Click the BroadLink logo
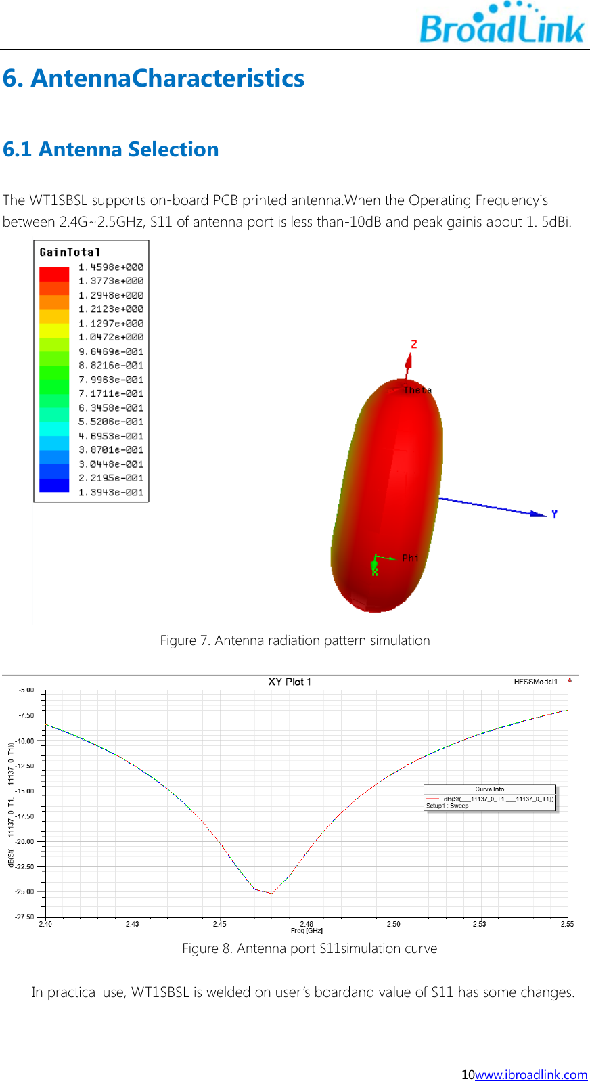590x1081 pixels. pos(501,25)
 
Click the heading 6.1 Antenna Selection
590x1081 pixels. pos(111,149)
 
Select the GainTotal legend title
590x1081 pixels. pos(70,252)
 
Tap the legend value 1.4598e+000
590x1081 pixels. pos(111,267)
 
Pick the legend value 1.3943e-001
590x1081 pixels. pos(111,492)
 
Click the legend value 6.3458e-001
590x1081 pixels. pos(111,407)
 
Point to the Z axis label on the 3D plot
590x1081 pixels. pos(414,345)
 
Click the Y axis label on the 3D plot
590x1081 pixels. pos(554,514)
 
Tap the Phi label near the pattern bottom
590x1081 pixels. pos(410,558)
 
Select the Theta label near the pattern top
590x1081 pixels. pos(417,390)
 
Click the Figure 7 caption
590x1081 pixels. pos(294,640)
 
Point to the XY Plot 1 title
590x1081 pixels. pos(290,682)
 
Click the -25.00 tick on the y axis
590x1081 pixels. pos(25,891)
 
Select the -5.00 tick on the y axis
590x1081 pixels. pos(26,690)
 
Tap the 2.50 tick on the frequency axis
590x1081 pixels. pos(393,924)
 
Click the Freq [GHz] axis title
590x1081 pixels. pos(307,931)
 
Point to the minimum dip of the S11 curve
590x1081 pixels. pos(271,894)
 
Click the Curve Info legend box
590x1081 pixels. pos(490,798)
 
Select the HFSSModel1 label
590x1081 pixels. pos(535,682)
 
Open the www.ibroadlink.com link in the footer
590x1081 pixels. pos(531,1074)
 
